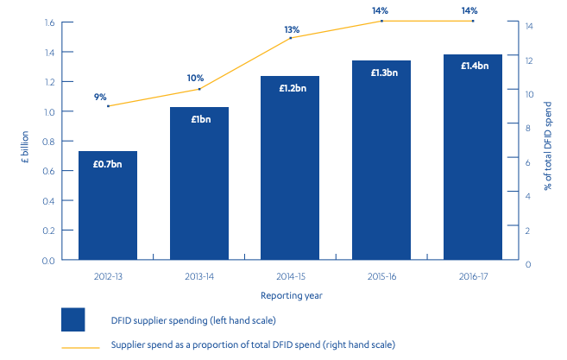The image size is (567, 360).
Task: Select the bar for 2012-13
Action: tap(108, 205)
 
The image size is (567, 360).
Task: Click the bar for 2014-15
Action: tap(291, 167)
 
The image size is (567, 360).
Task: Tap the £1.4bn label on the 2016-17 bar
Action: tap(474, 66)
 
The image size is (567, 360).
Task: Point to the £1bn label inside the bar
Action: tap(199, 118)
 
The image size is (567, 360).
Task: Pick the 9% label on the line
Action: tap(101, 97)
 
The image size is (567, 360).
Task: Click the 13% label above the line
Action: tap(291, 29)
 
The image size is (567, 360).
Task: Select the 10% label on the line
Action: tap(196, 78)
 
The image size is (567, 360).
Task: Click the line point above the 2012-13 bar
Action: tap(108, 105)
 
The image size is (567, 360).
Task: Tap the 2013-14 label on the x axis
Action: tap(199, 277)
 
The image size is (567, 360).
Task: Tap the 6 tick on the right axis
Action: tap(527, 161)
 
